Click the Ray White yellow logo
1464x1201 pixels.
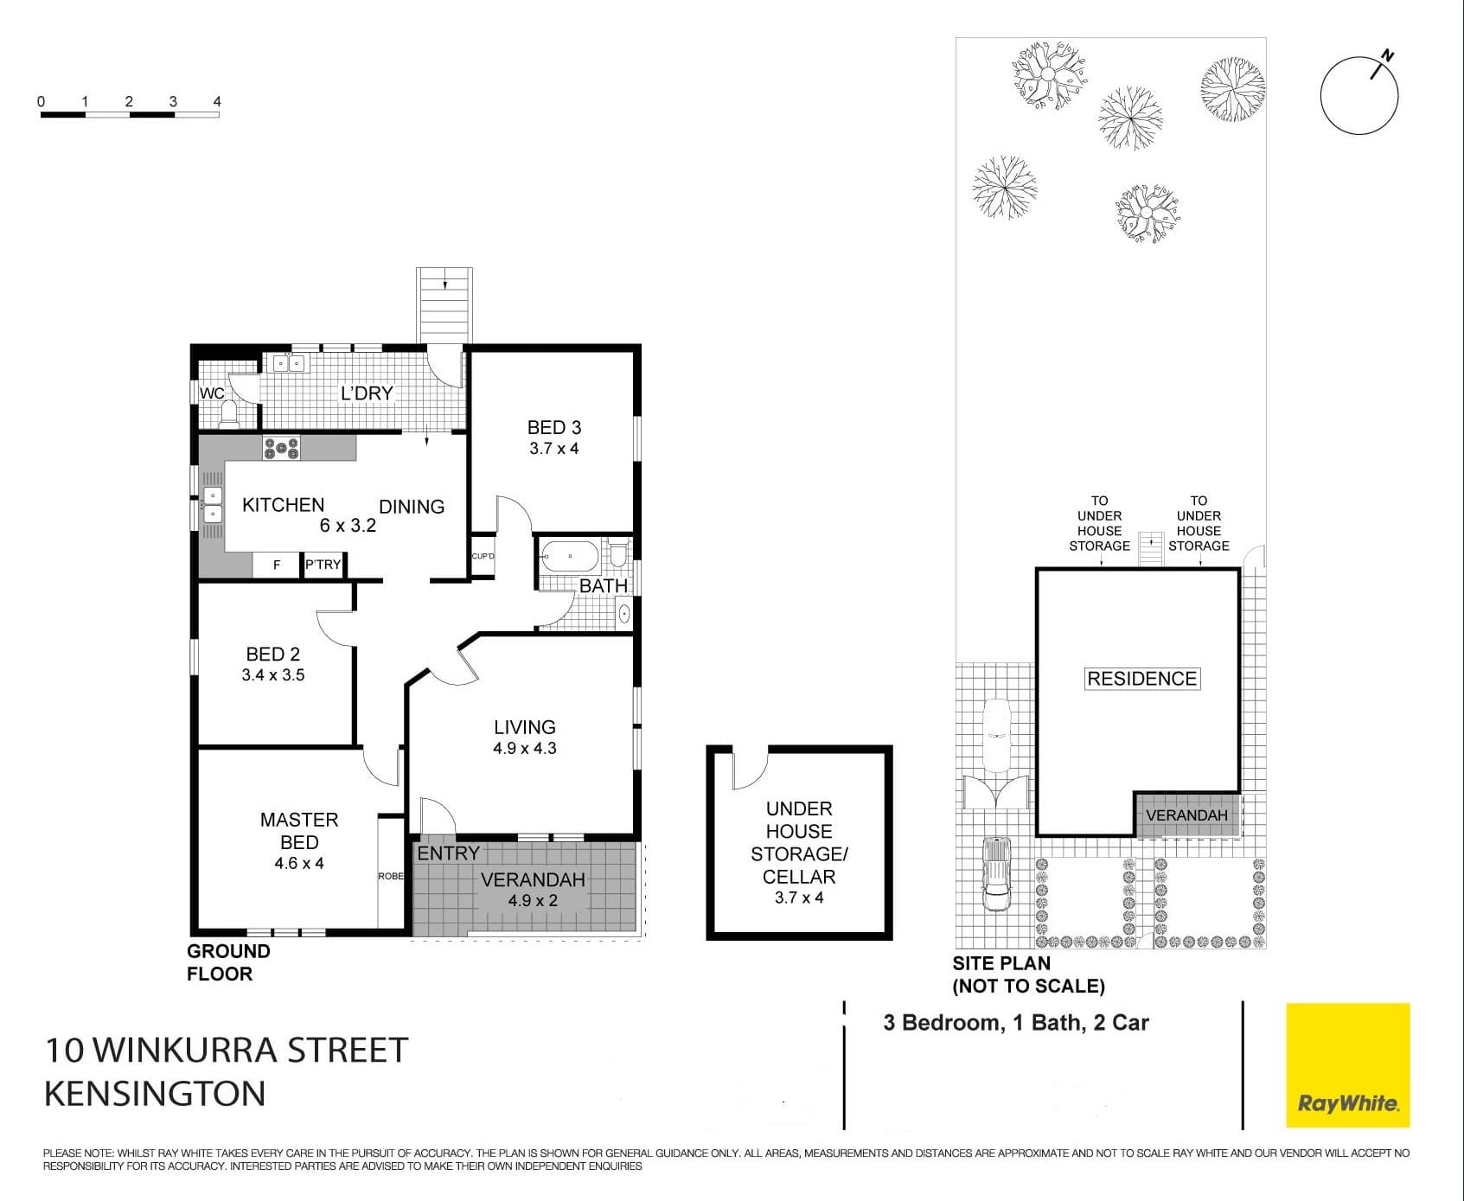coord(1348,1065)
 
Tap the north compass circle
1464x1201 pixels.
coord(1359,96)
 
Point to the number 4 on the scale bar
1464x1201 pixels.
coord(217,101)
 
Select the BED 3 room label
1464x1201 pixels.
coord(554,427)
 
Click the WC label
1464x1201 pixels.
coord(212,393)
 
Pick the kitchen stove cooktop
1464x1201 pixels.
coord(282,448)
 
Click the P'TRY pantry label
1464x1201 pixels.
coord(323,565)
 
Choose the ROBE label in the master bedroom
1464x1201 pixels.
coord(391,876)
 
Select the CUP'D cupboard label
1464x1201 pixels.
coord(483,556)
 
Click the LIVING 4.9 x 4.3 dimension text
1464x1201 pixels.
coord(525,748)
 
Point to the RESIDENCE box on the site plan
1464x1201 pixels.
coord(1142,679)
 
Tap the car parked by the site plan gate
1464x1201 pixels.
coord(997,873)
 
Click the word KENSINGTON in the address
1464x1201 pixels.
coord(155,1094)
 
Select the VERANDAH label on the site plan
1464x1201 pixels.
coord(1186,815)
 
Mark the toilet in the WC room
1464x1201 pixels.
coord(229,413)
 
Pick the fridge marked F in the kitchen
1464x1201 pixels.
coord(277,565)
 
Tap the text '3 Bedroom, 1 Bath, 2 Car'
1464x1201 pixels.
coord(1016,1023)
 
